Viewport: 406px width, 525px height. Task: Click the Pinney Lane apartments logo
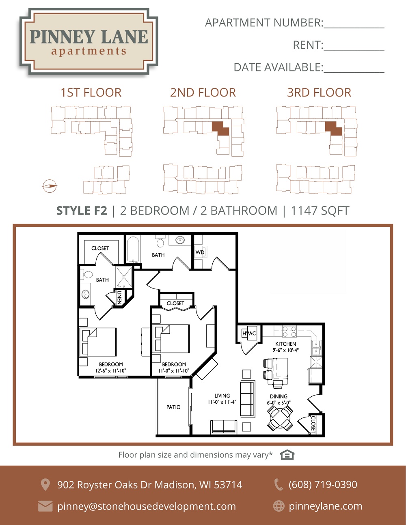click(89, 42)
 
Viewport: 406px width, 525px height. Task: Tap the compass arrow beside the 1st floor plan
click(50, 186)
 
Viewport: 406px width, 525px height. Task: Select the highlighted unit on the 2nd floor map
click(220, 129)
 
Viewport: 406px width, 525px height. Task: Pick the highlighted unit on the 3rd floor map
click(333, 129)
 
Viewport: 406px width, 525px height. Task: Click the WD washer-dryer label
click(200, 252)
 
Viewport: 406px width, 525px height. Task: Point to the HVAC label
click(249, 334)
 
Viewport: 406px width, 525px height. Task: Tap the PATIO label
click(173, 407)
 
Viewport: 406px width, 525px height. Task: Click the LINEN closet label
click(119, 297)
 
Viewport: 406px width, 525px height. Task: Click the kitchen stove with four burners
click(289, 331)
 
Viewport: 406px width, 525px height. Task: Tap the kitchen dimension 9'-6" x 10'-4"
click(286, 350)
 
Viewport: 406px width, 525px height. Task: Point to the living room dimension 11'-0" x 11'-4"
click(222, 402)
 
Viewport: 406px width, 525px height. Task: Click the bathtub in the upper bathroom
click(134, 249)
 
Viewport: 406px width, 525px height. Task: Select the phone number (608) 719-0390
click(323, 484)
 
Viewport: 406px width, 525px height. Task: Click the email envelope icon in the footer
click(45, 506)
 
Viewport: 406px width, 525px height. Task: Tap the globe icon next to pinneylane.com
click(279, 506)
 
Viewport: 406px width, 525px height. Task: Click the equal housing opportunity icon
click(287, 455)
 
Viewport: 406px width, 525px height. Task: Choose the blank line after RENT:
click(354, 50)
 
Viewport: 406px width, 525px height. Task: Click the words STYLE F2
click(82, 211)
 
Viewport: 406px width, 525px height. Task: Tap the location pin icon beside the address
click(45, 485)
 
